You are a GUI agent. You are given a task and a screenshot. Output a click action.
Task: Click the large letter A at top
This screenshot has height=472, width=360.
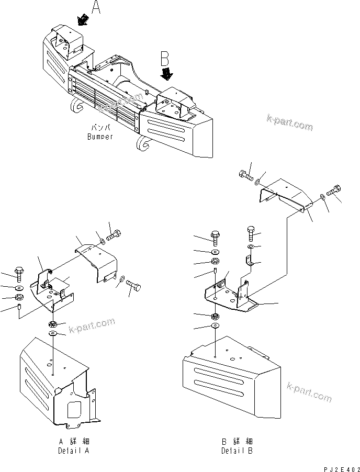pos(96,8)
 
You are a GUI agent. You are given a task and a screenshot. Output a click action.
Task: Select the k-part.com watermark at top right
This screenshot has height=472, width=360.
pos(288,124)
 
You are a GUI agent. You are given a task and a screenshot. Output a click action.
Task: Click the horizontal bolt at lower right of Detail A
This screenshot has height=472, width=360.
pos(136,286)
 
